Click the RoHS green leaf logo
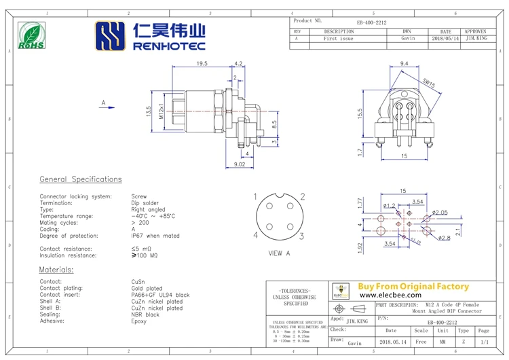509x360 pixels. pyautogui.click(x=31, y=35)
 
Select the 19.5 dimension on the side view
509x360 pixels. pyautogui.click(x=202, y=63)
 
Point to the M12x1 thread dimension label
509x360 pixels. pyautogui.click(x=161, y=110)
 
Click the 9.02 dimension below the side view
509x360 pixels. pyautogui.click(x=239, y=164)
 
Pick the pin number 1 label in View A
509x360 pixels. pyautogui.click(x=255, y=197)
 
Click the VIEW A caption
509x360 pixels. pyautogui.click(x=279, y=253)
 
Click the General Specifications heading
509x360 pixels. pyautogui.click(x=81, y=179)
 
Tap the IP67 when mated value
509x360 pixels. pyautogui.click(x=155, y=236)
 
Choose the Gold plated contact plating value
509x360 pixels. pyautogui.click(x=147, y=288)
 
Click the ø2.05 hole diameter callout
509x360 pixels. pyautogui.click(x=440, y=213)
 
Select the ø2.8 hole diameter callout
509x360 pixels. pyautogui.click(x=445, y=238)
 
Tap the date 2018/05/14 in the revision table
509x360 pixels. pyautogui.click(x=445, y=39)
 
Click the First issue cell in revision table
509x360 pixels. pyautogui.click(x=338, y=39)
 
